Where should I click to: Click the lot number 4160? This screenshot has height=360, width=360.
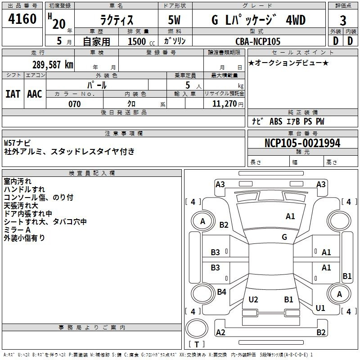[22, 19]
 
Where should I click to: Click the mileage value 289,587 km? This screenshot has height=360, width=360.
[53, 65]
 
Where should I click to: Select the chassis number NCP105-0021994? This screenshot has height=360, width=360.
[302, 143]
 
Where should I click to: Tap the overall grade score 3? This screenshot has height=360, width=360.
[343, 21]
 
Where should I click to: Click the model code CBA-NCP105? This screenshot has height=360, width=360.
[258, 41]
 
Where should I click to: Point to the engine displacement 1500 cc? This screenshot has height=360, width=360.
[141, 41]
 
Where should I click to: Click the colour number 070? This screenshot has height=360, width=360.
[75, 104]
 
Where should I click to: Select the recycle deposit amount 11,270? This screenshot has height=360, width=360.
[225, 104]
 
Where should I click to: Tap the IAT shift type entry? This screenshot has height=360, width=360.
[13, 94]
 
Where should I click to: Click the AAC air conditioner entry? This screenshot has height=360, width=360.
[35, 94]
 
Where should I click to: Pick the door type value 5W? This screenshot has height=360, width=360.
[174, 20]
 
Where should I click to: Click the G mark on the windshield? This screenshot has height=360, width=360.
[284, 237]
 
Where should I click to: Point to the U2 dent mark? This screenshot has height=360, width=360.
[253, 299]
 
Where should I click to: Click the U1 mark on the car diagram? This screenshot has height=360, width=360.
[320, 308]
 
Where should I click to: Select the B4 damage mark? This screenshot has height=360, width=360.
[221, 292]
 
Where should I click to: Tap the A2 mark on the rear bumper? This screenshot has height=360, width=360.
[220, 332]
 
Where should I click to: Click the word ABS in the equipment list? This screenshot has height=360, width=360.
[276, 121]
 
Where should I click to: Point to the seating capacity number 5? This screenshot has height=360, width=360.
[188, 85]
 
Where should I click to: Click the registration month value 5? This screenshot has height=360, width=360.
[59, 41]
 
